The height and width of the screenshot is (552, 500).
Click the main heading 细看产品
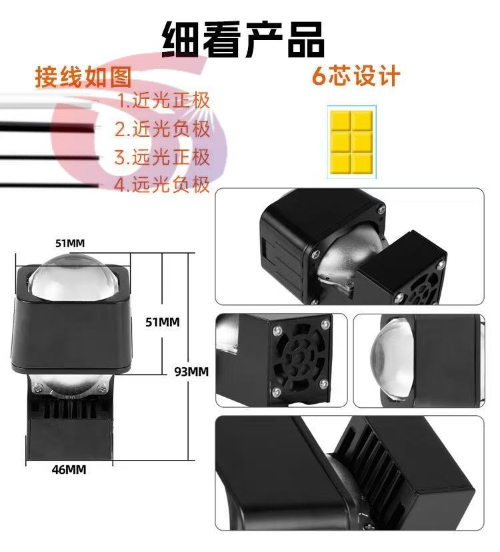243,39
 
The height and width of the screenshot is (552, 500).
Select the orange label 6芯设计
356,75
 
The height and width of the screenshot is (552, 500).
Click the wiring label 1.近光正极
163,100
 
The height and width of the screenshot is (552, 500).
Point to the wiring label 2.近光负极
163,129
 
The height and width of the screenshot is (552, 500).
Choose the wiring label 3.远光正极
162,157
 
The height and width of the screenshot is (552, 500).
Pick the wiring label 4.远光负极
162,184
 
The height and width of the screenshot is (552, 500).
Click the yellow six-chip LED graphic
351,142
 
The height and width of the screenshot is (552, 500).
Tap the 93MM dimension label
191,371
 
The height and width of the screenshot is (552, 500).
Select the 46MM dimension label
69,470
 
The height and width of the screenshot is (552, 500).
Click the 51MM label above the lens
70,243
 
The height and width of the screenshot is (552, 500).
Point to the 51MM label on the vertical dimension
163,322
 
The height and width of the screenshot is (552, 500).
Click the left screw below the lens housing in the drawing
37,389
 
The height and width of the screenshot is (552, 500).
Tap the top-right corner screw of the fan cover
325,323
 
